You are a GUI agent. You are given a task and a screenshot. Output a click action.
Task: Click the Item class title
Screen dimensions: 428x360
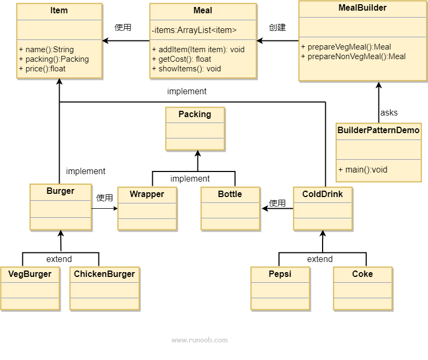[59, 10]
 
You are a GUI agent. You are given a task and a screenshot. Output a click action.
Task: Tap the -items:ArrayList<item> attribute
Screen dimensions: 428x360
[194, 30]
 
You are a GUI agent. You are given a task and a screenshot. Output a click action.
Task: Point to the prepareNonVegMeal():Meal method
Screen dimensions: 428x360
[353, 56]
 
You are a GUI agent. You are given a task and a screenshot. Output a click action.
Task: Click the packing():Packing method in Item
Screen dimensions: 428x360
[54, 59]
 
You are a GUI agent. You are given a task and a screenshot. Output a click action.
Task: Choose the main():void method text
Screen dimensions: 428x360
[363, 170]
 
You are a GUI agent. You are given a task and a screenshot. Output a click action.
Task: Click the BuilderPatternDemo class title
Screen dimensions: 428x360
[378, 130]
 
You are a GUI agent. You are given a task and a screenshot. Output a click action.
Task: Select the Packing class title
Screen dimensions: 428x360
[195, 114]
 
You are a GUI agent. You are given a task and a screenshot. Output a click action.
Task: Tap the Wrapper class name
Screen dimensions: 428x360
[147, 194]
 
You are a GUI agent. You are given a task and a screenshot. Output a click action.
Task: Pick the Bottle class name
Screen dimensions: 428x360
[230, 194]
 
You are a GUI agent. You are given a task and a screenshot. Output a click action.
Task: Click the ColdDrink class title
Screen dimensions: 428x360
[323, 194]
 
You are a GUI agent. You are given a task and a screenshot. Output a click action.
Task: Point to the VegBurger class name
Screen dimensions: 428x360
[30, 274]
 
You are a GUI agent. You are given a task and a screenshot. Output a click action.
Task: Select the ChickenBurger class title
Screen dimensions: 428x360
[104, 274]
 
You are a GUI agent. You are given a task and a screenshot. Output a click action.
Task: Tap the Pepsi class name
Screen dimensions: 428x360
[280, 274]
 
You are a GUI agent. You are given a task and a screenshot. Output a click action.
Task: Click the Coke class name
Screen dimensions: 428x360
[362, 274]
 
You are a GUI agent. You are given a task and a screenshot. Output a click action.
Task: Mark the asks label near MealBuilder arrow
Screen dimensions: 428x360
[389, 112]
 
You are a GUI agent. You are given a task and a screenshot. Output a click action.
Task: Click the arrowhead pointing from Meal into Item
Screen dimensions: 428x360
[105, 40]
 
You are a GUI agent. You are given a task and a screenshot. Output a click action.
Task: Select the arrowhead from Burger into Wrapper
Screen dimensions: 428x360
[116, 208]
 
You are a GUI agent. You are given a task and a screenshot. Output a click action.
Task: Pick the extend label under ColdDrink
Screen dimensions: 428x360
[320, 259]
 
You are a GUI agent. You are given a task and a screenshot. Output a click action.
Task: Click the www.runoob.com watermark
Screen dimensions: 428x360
[200, 340]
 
